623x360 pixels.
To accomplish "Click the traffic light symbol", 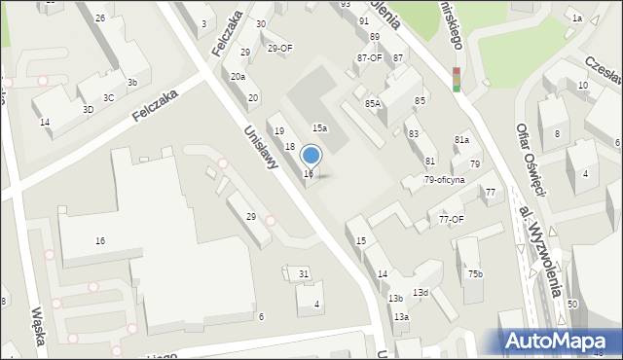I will (456, 79).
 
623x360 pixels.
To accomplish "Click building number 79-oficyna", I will (444, 180).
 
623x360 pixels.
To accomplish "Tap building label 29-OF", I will (279, 48).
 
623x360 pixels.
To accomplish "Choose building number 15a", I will (319, 127).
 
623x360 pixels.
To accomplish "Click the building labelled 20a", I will (238, 76).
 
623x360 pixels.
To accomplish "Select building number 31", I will (304, 274).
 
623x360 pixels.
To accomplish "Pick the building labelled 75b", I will (474, 274).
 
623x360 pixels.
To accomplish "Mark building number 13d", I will (420, 293).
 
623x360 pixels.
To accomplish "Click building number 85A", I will (373, 103).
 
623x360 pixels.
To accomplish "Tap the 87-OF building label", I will (369, 58).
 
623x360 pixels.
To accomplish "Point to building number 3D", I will (88, 110).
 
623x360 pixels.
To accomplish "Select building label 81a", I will (461, 141).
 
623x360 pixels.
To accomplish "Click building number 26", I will (100, 18).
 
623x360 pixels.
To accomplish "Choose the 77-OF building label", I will (451, 220).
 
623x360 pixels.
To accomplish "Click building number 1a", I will (577, 18).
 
